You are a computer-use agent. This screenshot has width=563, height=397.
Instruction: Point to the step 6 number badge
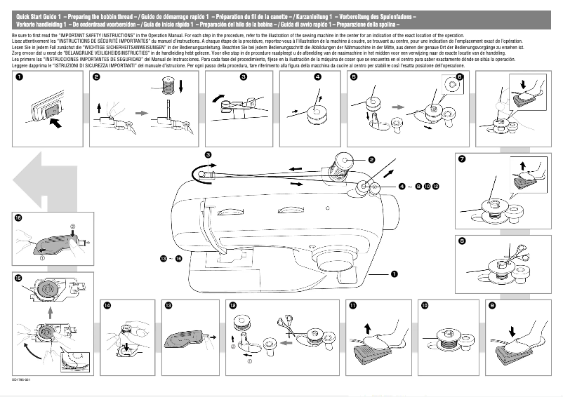pyautogui.click(x=459, y=76)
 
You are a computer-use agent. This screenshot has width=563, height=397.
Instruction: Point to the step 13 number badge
pyautogui.click(x=168, y=306)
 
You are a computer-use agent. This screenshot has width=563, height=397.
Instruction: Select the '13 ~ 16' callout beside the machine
pyautogui.click(x=171, y=259)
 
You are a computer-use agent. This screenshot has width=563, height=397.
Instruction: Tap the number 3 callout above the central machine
pyautogui.click(x=208, y=154)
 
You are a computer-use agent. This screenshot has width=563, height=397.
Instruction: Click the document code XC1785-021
pyautogui.click(x=22, y=380)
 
